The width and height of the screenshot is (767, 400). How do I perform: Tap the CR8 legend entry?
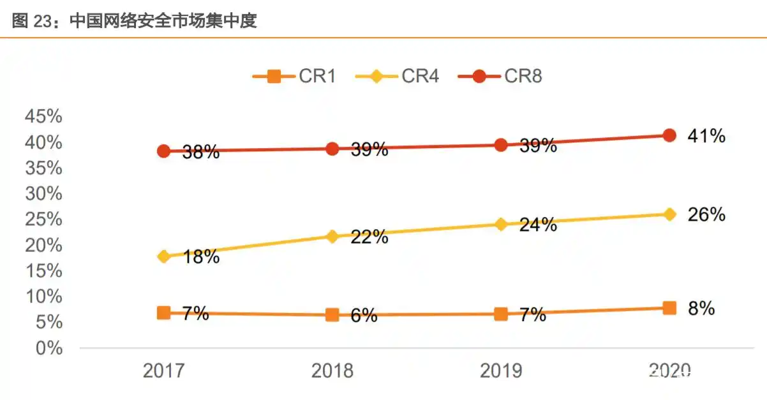(500, 77)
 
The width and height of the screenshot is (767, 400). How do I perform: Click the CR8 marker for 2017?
(164, 151)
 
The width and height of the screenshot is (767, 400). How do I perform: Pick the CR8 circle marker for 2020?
(669, 135)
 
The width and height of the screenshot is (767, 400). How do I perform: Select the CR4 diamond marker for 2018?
(332, 237)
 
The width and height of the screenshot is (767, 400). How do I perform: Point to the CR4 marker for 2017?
(164, 256)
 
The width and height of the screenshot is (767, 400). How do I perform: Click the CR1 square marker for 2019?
(501, 314)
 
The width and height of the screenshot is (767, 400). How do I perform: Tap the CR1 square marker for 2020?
(669, 308)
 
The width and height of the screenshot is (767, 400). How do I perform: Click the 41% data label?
(706, 136)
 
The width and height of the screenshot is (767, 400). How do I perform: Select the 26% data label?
(706, 214)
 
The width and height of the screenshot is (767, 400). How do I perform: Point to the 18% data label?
(201, 257)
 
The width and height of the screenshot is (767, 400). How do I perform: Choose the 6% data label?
(364, 315)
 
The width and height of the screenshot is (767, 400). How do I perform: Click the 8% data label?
(701, 309)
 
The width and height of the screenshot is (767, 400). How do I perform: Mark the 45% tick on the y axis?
(43, 117)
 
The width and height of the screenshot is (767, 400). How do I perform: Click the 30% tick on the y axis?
(43, 194)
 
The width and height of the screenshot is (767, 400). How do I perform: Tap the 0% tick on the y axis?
(48, 348)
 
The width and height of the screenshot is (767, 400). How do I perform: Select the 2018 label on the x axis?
(332, 371)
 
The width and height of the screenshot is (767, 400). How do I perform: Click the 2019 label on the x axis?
(501, 371)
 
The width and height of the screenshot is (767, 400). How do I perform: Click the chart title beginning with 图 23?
(134, 21)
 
